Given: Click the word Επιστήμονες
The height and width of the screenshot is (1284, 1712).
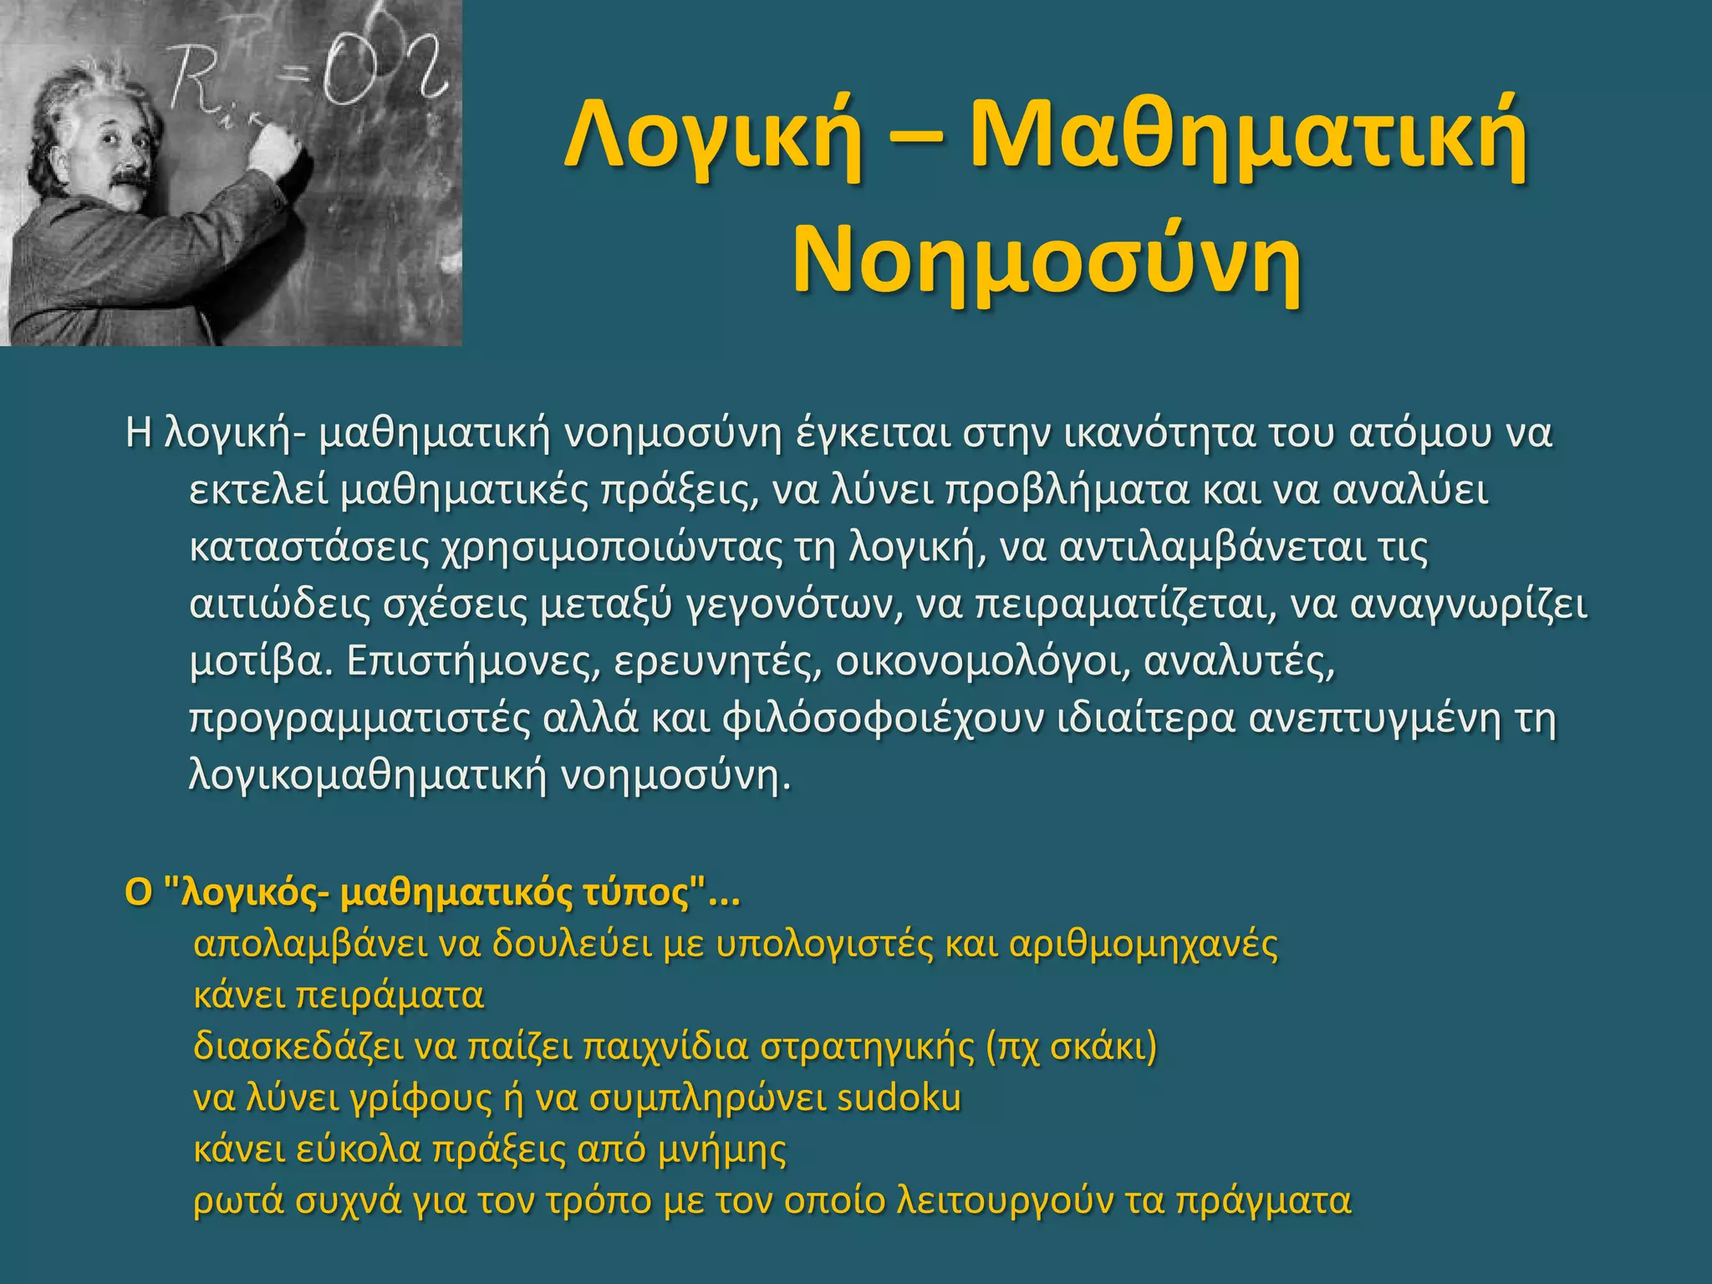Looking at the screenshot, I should pos(473,661).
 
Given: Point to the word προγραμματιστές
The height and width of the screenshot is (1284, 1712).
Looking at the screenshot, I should pos(359,719).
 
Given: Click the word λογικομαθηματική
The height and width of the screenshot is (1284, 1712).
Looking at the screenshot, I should pos(368,776).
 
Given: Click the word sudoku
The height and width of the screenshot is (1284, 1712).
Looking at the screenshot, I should pos(899,1098).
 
